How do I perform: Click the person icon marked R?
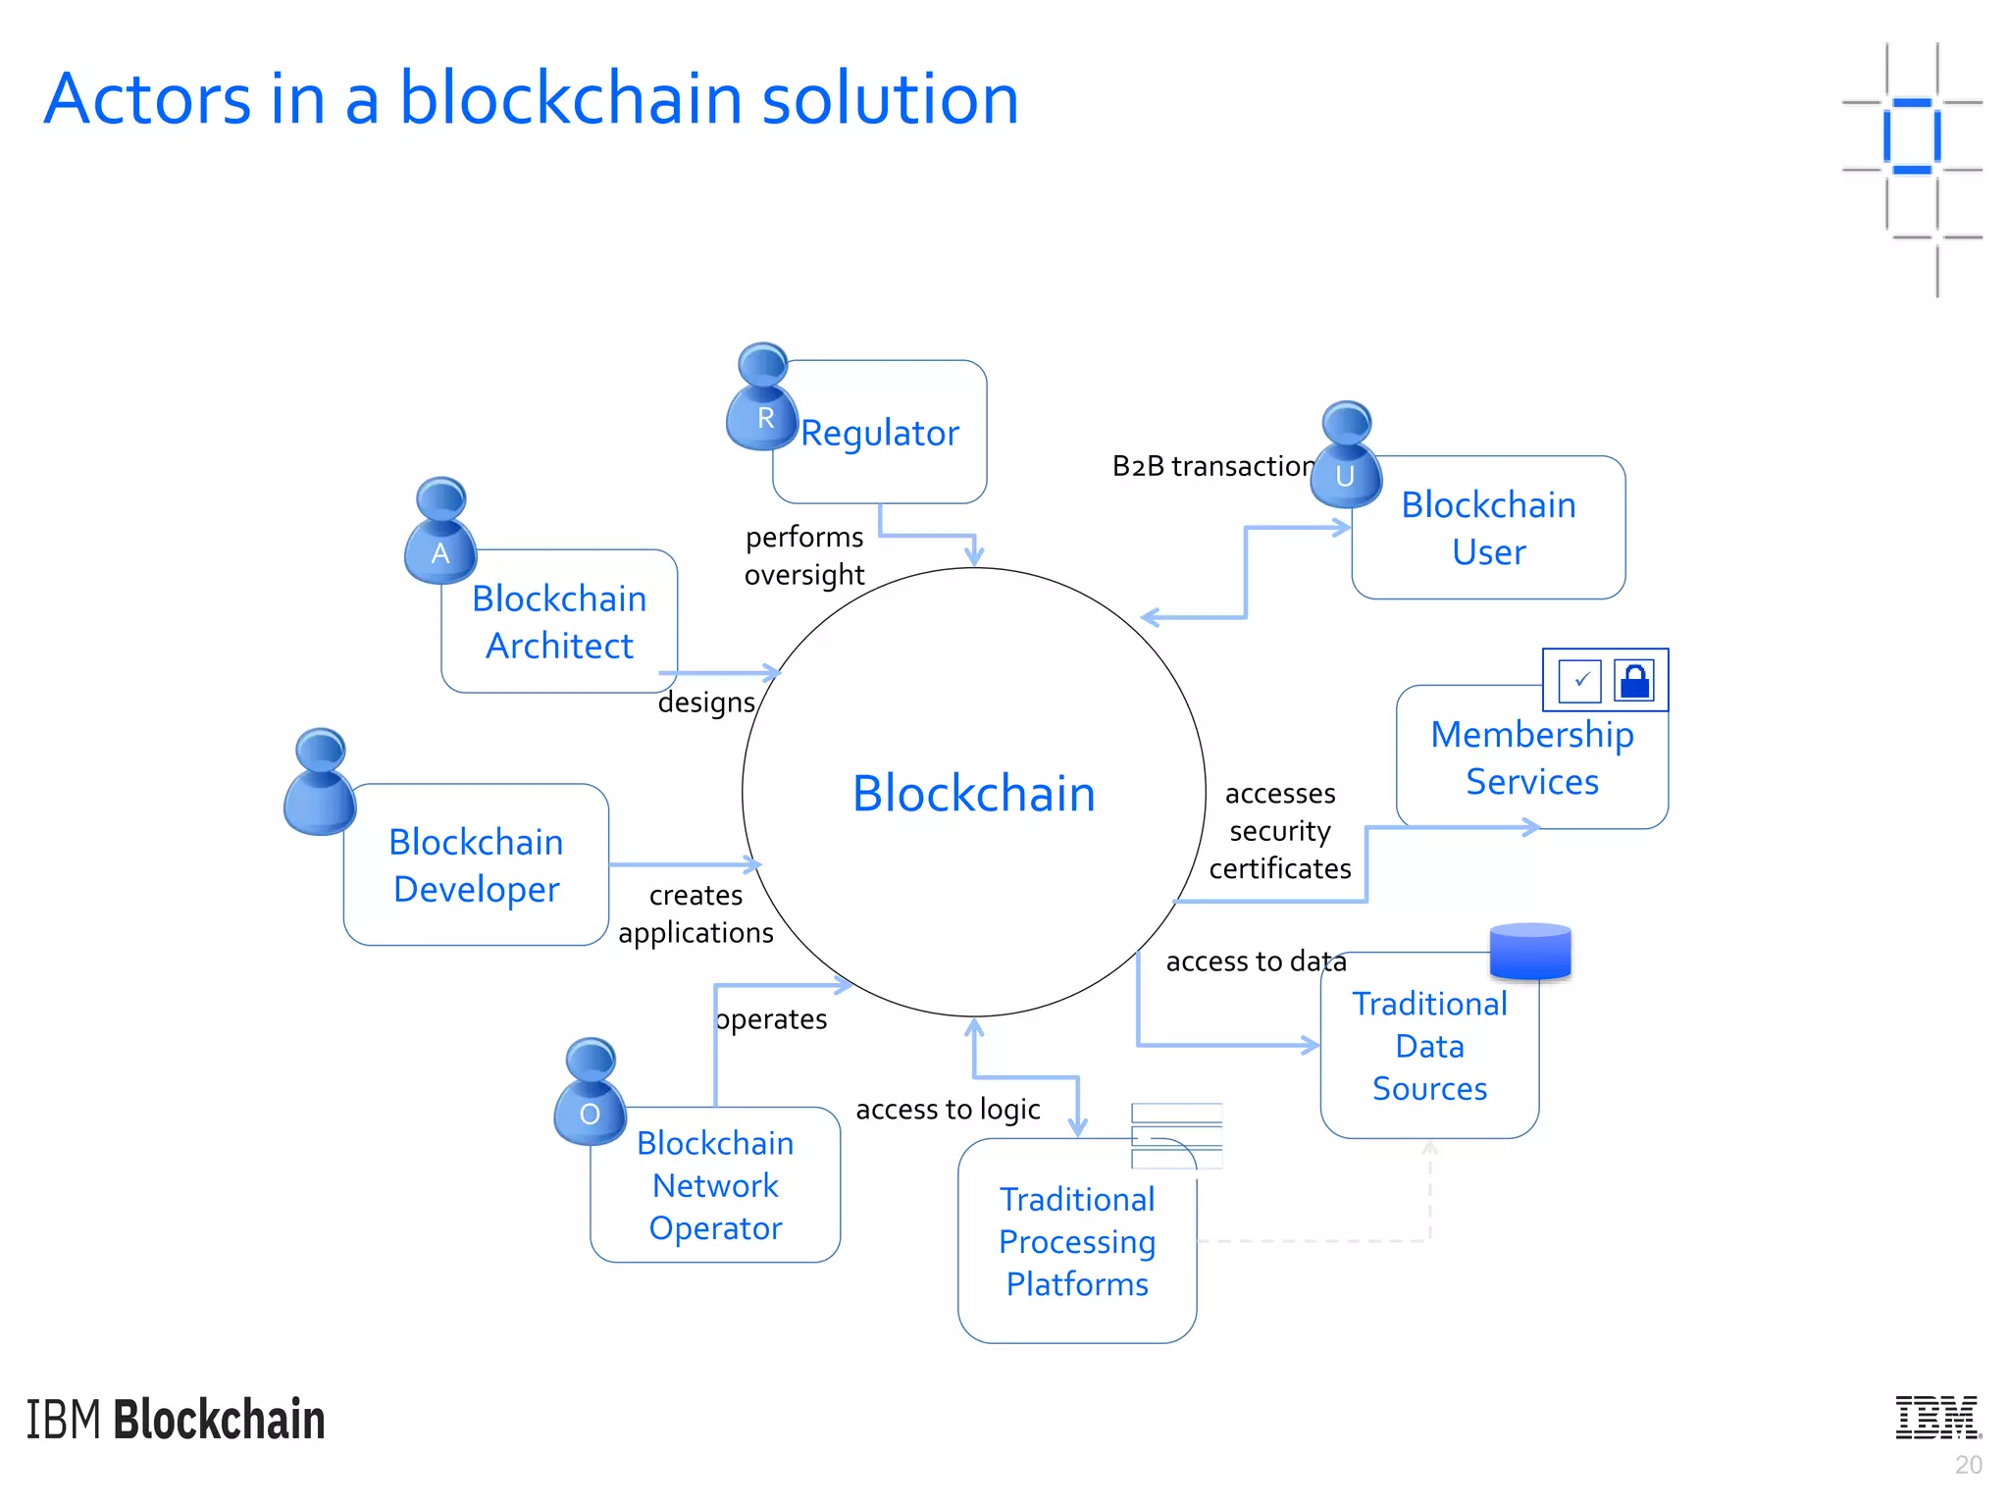click(x=762, y=399)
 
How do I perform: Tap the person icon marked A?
click(x=440, y=533)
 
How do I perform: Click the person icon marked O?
click(x=590, y=1093)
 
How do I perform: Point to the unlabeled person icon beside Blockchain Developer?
click(x=320, y=784)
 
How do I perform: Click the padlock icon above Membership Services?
click(x=1634, y=680)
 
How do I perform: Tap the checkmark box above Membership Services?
click(x=1579, y=680)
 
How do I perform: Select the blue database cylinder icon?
click(x=1530, y=951)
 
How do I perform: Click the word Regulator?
click(x=880, y=433)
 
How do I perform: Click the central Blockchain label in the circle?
click(x=973, y=793)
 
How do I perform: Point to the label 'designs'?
click(x=706, y=702)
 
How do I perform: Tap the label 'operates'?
click(x=772, y=1019)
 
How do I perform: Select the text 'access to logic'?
click(x=948, y=1110)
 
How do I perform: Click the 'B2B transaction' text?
click(x=1212, y=466)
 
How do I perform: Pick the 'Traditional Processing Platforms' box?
click(x=1077, y=1242)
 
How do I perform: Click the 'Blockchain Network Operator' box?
click(x=715, y=1186)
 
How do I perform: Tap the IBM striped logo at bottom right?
click(x=1937, y=1418)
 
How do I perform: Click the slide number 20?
click(x=1968, y=1465)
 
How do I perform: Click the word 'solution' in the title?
click(x=890, y=99)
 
